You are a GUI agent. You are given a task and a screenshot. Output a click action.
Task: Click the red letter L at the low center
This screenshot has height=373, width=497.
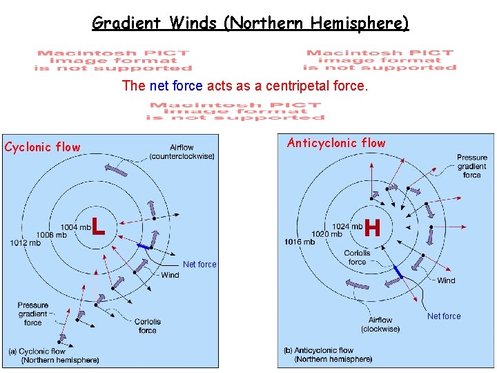tap(99, 224)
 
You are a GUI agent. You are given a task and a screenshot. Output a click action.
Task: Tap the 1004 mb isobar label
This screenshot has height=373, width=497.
tap(75, 227)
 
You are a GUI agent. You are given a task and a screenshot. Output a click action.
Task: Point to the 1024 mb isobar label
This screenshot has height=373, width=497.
tap(347, 227)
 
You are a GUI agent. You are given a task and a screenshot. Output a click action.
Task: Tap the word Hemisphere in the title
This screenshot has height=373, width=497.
tap(359, 23)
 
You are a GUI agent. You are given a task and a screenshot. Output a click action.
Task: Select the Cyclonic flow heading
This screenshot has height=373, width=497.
tap(42, 147)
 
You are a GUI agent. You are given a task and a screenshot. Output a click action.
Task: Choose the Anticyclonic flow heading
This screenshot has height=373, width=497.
tap(336, 143)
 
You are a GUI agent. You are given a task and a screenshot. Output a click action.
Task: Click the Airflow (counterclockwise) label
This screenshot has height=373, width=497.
tap(182, 152)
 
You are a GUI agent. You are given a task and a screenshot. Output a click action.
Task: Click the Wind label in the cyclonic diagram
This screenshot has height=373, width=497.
tap(170, 275)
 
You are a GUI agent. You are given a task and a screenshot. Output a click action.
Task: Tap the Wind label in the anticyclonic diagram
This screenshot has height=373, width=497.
tap(446, 280)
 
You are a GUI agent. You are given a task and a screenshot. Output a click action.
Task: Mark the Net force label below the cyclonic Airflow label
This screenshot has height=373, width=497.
tap(199, 265)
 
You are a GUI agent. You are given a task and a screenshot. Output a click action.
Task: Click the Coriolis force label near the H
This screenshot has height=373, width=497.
tap(357, 257)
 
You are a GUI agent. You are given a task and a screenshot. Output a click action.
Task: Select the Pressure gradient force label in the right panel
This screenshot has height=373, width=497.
tap(471, 166)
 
